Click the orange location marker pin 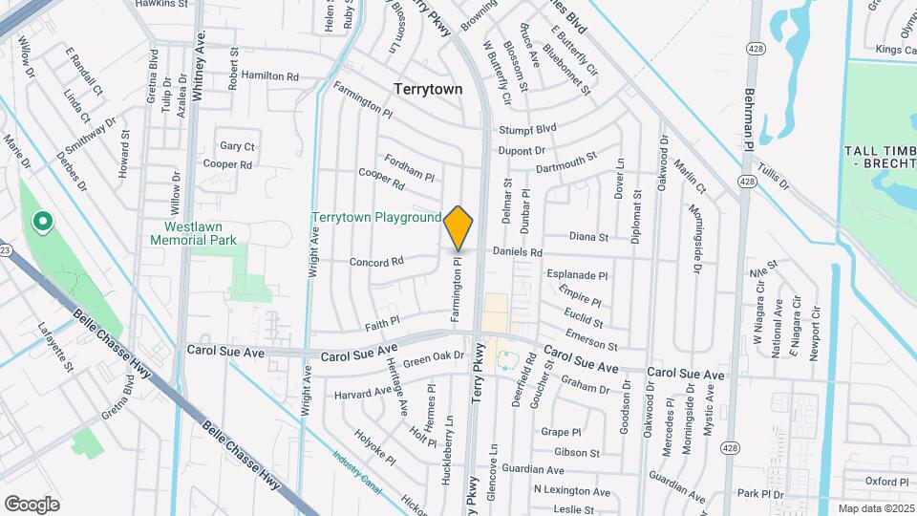[x=458, y=227]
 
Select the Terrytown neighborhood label [x=428, y=89]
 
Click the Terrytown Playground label [x=376, y=218]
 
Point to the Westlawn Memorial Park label [x=193, y=233]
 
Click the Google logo [x=32, y=504]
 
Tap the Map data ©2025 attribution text [x=875, y=508]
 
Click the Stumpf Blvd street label [x=527, y=129]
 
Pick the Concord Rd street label [x=376, y=261]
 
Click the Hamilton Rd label [x=270, y=75]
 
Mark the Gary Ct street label [x=237, y=146]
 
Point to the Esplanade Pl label [x=577, y=274]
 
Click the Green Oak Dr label [x=433, y=358]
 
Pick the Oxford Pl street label [x=887, y=482]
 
